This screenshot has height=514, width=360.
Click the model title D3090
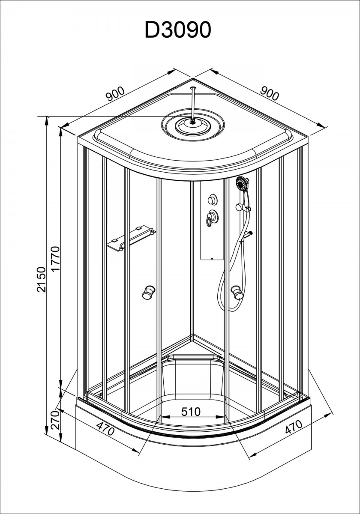coord(178,30)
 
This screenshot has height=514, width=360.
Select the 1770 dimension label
coord(56,259)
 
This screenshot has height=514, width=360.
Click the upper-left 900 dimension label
coord(115,94)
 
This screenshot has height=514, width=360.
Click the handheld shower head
coord(242,184)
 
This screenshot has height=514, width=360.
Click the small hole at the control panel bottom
coord(212,259)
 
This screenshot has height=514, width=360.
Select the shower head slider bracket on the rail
coord(243,208)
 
